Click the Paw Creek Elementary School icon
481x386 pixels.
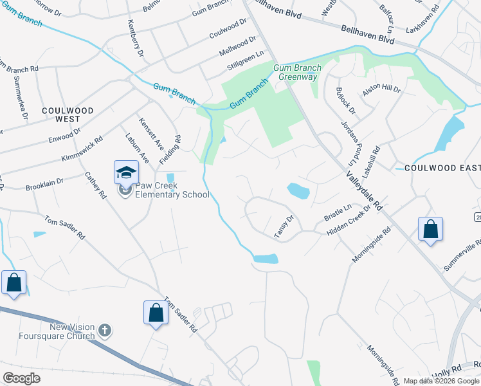tap(126, 173)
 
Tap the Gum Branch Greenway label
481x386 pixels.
tap(296, 72)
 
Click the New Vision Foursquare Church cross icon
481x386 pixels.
tap(105, 331)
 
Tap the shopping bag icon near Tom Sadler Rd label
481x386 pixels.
tap(156, 314)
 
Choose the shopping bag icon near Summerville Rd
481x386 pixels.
tap(430, 230)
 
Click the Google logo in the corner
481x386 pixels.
tap(21, 378)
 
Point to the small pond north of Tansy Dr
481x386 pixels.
tap(298, 190)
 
